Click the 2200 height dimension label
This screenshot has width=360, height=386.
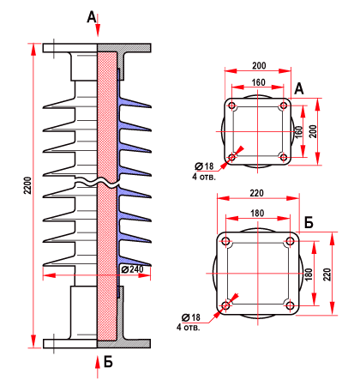point(27,185)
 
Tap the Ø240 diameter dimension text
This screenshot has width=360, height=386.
point(132,269)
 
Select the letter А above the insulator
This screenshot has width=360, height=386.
point(92,17)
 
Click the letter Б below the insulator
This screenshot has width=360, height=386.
point(108,362)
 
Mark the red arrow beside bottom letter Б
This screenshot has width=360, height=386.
point(98,366)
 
